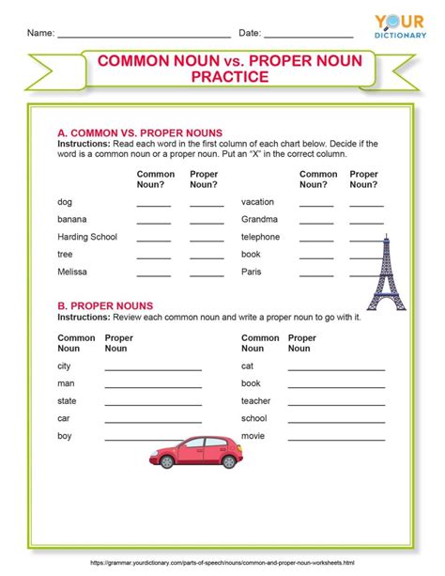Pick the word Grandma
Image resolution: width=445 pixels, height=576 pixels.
259,219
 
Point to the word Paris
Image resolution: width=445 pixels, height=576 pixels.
252,272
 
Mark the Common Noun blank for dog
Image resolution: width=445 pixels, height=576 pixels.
154,204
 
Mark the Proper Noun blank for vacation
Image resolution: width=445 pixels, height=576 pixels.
366,204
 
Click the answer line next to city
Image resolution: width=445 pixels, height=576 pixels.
153,369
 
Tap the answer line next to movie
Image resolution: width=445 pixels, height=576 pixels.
335,439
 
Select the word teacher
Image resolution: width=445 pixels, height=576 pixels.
256,400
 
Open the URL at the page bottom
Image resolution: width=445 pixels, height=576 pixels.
222,563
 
